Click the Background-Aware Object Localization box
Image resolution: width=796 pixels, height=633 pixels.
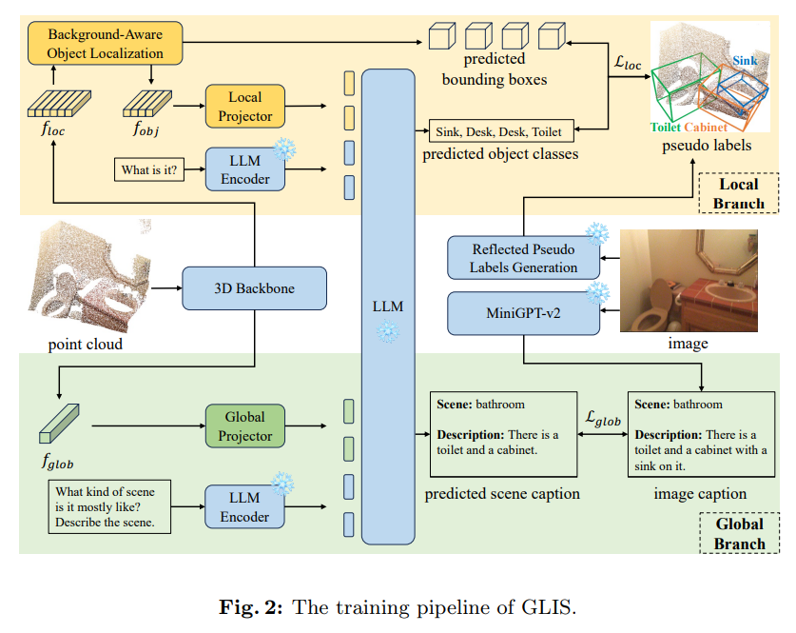click(106, 43)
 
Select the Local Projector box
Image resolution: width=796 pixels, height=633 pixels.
click(245, 105)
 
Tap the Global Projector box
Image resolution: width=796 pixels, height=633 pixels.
click(245, 425)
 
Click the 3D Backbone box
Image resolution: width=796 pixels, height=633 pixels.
click(254, 288)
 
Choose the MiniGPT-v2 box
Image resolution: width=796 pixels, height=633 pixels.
click(524, 313)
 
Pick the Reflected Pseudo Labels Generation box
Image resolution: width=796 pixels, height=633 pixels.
click(524, 258)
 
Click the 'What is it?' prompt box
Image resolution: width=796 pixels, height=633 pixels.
click(148, 170)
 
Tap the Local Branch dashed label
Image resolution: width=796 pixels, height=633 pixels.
click(738, 192)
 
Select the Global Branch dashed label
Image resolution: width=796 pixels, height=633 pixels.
click(739, 534)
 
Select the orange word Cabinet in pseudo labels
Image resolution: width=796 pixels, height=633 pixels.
click(706, 127)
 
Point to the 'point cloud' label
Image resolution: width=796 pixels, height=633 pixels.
click(85, 344)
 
